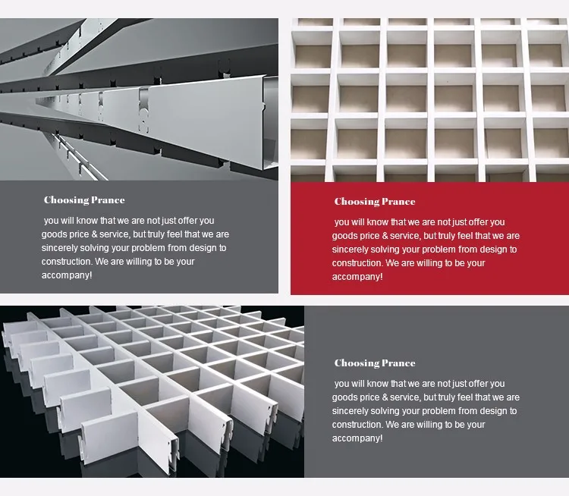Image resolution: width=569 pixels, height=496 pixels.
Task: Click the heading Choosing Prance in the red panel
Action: click(x=375, y=202)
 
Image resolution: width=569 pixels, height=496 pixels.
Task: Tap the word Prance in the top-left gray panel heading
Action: click(x=108, y=200)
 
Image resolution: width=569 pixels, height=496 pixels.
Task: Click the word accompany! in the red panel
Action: click(x=357, y=277)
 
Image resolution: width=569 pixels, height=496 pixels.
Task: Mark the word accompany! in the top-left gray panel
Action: click(x=67, y=275)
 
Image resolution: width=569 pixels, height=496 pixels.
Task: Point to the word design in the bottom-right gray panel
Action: click(x=494, y=411)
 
